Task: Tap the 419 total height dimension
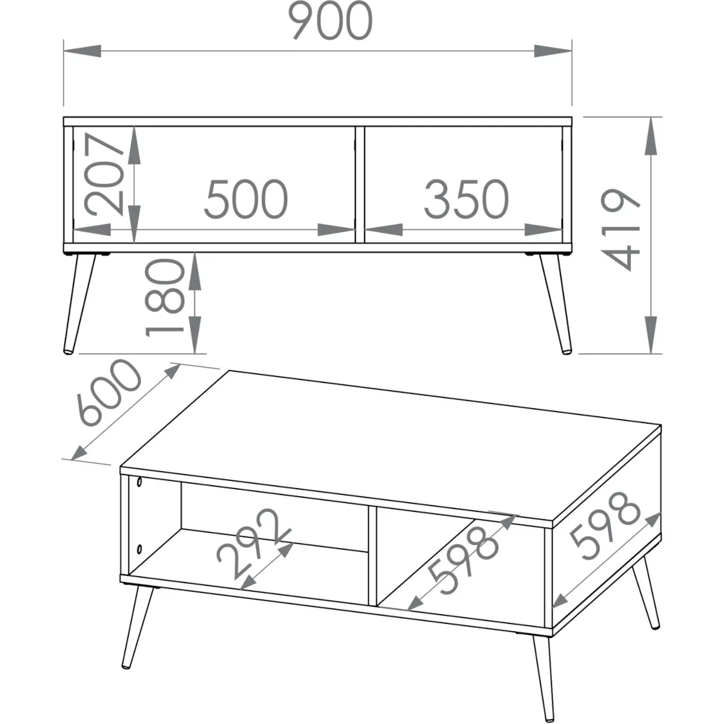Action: pyautogui.click(x=620, y=230)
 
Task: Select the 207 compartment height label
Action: pyautogui.click(x=104, y=175)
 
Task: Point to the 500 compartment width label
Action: pyautogui.click(x=246, y=199)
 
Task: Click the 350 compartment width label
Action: pyautogui.click(x=466, y=199)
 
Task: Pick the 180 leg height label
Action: pyautogui.click(x=165, y=298)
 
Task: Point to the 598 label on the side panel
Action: pyautogui.click(x=605, y=525)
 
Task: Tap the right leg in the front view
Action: pyautogui.click(x=555, y=304)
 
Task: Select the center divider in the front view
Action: pyautogui.click(x=360, y=184)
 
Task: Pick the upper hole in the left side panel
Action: pyautogui.click(x=139, y=482)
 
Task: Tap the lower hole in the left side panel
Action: pyautogui.click(x=139, y=549)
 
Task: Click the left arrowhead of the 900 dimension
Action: pyautogui.click(x=82, y=51)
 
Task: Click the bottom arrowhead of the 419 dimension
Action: pyautogui.click(x=651, y=335)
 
